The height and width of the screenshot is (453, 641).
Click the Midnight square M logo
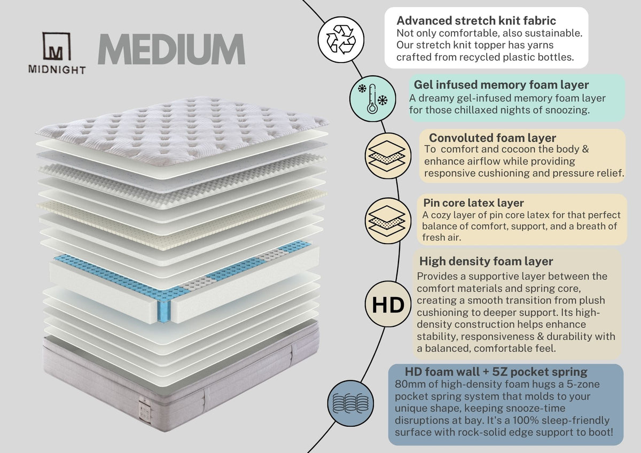[57, 46]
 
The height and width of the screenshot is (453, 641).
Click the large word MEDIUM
[171, 49]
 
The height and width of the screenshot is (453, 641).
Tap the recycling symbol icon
[341, 40]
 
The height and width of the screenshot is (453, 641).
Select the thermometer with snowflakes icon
[373, 99]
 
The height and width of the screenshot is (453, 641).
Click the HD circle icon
[388, 304]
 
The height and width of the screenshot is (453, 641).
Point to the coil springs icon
[350, 403]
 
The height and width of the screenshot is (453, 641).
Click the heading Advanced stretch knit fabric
[476, 21]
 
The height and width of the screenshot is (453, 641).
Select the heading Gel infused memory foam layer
[501, 85]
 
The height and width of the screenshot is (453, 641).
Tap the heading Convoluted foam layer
[492, 138]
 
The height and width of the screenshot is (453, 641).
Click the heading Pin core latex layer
[473, 203]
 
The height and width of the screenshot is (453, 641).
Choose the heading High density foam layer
[486, 261]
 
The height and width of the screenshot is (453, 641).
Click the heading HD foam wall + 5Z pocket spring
[496, 372]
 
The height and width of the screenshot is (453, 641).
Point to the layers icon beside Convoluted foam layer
[388, 156]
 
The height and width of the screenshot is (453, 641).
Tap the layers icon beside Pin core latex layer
[388, 221]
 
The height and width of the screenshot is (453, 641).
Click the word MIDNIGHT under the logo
[57, 70]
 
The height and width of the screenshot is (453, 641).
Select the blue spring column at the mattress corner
[164, 311]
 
